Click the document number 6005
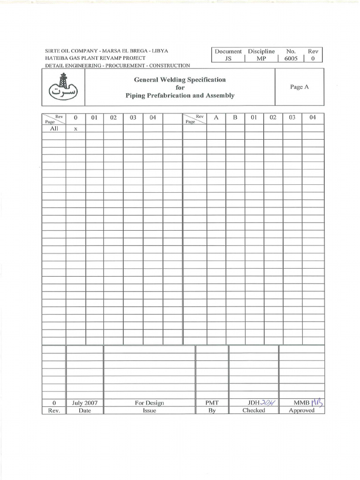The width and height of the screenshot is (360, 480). point(291,59)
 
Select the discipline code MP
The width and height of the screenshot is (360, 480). point(261,59)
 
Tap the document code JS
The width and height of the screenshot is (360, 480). point(228,59)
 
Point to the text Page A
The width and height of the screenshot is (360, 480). point(300,87)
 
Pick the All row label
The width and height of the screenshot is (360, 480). point(54,128)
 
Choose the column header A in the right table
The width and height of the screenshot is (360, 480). point(216,118)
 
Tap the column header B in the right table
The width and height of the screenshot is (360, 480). point(235,118)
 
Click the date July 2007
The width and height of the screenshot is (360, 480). point(85,403)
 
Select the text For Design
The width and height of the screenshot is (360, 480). point(149,403)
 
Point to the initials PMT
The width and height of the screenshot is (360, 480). point(212,403)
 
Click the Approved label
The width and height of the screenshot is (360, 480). point(301,411)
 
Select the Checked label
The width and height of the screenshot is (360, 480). point(254,411)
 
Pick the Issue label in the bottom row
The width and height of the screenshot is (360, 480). point(149,411)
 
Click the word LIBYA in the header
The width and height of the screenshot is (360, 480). point(160,51)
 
